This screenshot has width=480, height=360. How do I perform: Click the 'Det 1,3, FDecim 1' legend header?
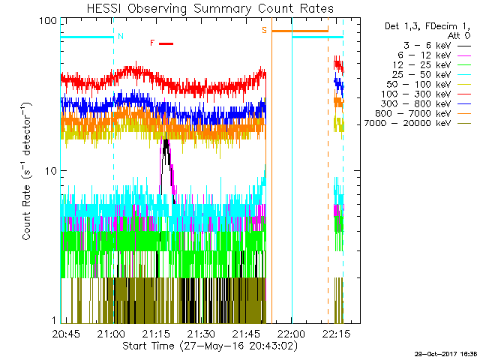pos(419,25)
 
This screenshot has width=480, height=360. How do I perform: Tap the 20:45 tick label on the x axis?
pos(68,334)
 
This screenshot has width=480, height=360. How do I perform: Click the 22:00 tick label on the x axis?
pos(290,334)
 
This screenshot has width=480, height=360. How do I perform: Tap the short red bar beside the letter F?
pos(166,43)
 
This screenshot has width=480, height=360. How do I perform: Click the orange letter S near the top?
pos(264,31)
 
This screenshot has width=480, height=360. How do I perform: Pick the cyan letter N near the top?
pos(121,36)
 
